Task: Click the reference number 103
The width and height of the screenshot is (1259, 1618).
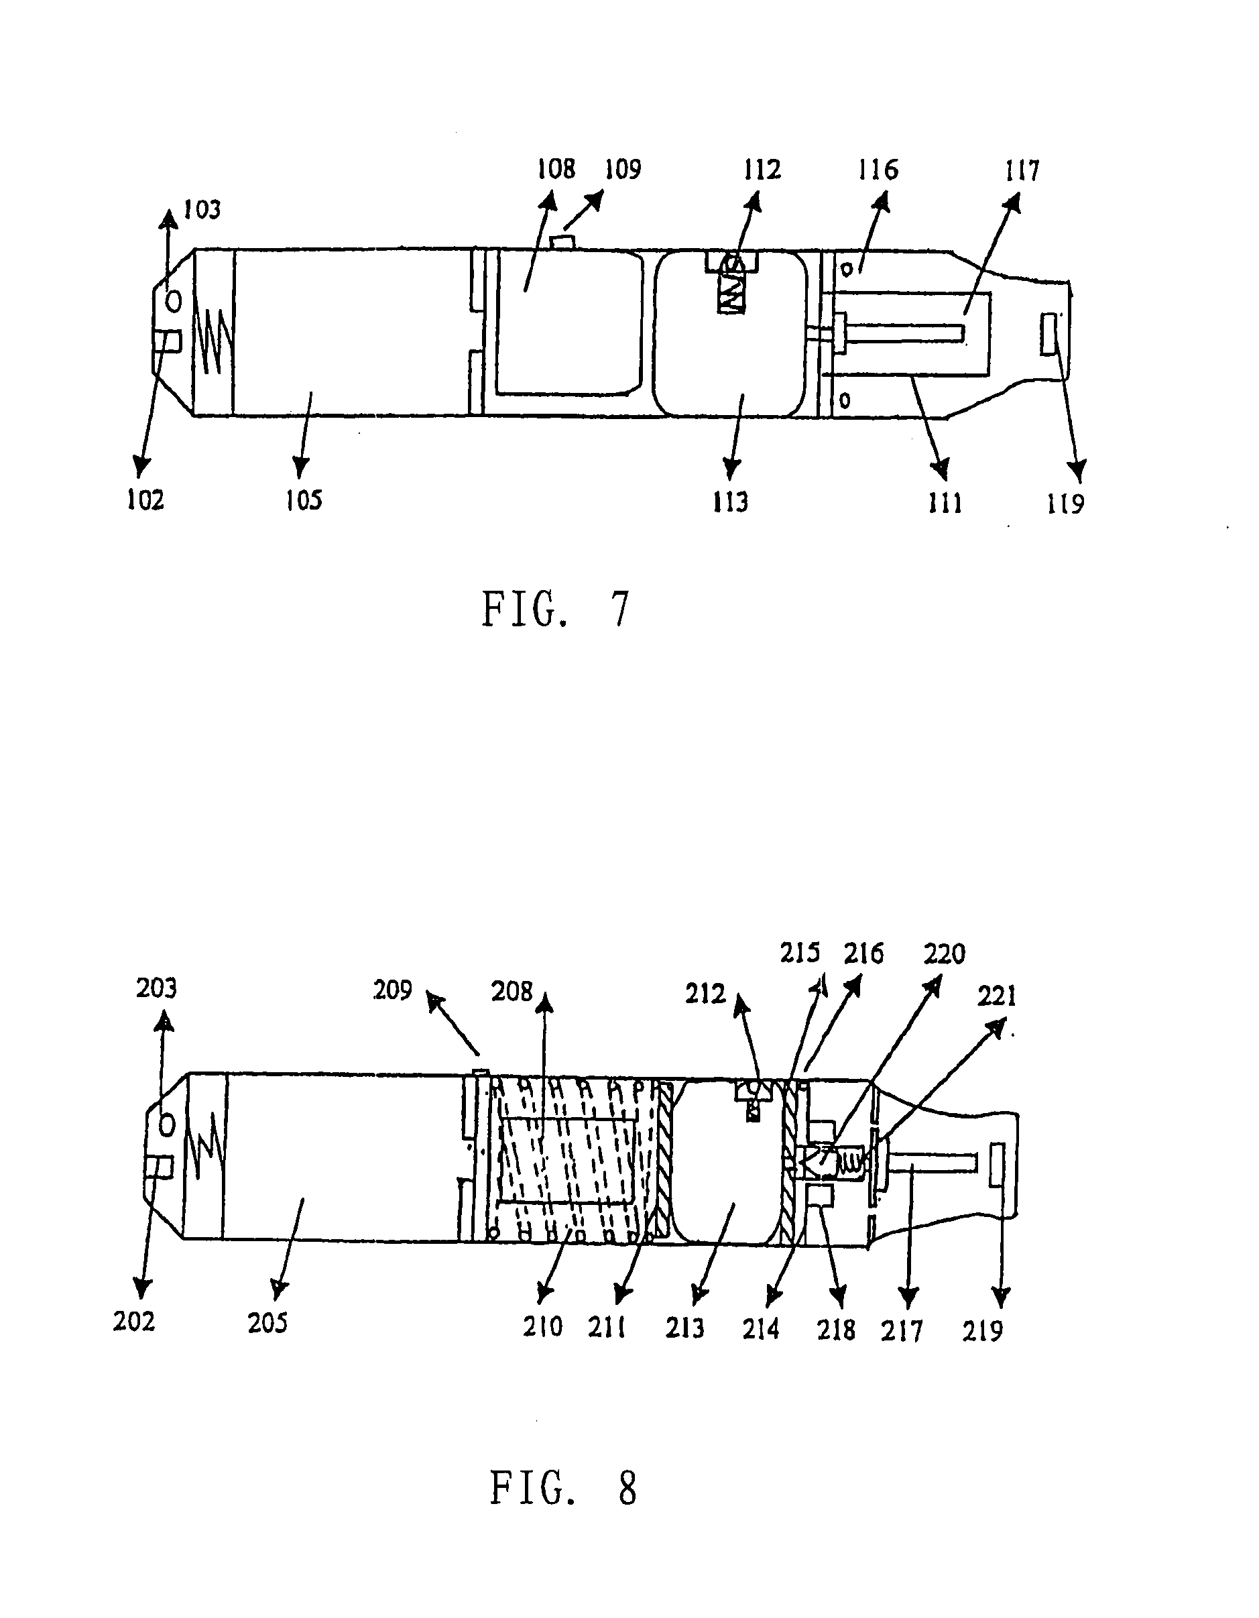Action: click(x=202, y=210)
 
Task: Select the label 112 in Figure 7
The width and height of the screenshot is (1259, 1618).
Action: click(x=762, y=170)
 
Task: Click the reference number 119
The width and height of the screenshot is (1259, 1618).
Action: click(x=1066, y=504)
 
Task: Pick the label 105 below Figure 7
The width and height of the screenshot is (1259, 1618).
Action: click(x=304, y=500)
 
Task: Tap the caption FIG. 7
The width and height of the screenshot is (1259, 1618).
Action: click(x=556, y=609)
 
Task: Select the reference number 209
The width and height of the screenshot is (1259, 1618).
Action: click(x=392, y=990)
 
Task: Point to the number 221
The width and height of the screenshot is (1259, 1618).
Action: click(x=997, y=996)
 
